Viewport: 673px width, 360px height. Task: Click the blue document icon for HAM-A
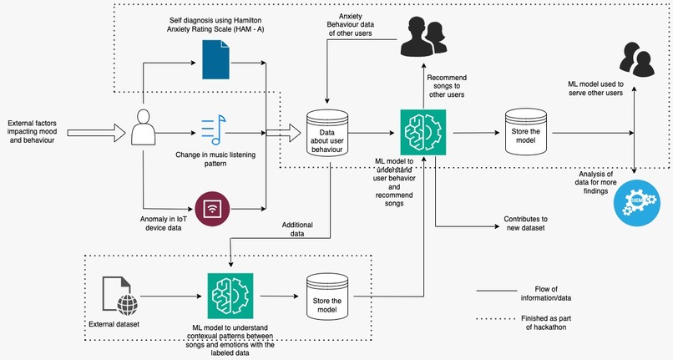[x=215, y=59]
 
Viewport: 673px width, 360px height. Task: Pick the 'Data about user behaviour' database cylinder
[x=326, y=131]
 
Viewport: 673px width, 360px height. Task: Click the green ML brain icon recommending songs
[x=423, y=131]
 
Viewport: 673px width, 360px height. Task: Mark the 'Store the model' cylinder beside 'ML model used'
[x=523, y=131]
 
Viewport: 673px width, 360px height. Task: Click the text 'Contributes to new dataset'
[x=525, y=222]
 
